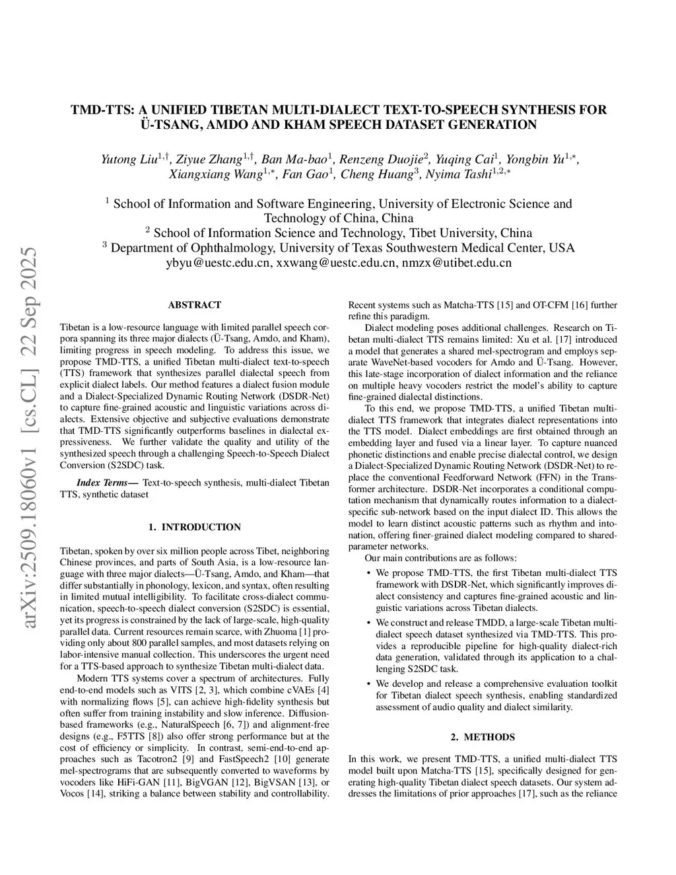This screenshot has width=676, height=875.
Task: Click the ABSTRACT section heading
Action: tap(195, 305)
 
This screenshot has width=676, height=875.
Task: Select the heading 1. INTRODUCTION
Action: tap(195, 508)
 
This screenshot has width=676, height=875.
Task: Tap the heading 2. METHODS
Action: tap(483, 737)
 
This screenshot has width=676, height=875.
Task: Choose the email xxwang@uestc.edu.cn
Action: tap(336, 263)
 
